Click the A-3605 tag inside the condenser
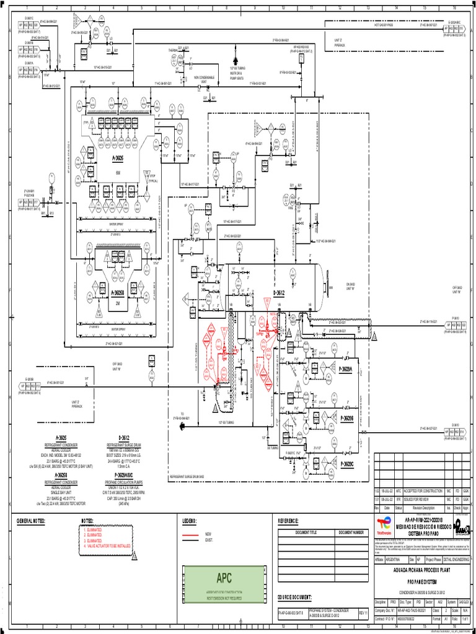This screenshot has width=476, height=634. (x=118, y=158)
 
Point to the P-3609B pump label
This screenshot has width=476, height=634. (x=346, y=419)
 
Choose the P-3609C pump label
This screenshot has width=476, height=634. (x=346, y=463)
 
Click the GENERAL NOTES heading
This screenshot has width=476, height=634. (x=31, y=521)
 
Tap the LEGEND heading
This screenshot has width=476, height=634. (x=188, y=521)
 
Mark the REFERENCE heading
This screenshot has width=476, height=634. (x=288, y=521)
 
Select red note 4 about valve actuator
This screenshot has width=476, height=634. (x=115, y=547)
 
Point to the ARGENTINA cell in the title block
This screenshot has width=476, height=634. (x=397, y=558)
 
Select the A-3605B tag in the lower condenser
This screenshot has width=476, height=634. (x=118, y=293)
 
